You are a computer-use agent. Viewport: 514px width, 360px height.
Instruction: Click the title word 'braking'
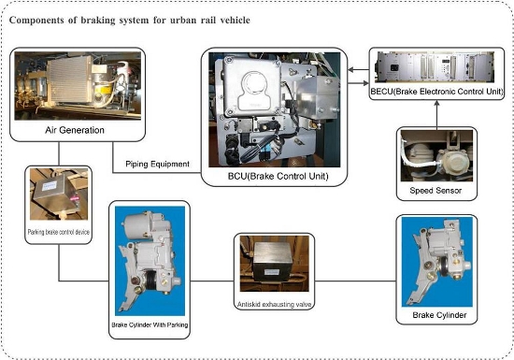pos(98,21)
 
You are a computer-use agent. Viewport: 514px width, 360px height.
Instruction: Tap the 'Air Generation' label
pos(75,130)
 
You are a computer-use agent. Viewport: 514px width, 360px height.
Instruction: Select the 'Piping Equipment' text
pos(157,164)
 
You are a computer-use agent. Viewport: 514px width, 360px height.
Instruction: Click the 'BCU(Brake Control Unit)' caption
pos(278,176)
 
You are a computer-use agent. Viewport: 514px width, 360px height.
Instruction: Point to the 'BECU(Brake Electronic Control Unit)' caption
pos(436,92)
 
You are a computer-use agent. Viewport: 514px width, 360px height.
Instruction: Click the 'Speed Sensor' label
pos(435,191)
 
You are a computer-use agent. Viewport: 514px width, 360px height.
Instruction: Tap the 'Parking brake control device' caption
pos(58,232)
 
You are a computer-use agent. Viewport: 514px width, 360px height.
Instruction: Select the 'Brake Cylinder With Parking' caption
pos(150,324)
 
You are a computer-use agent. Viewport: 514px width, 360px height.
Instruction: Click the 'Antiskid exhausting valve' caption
pos(274,305)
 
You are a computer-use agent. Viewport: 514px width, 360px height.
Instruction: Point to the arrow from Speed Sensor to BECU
pos(436,114)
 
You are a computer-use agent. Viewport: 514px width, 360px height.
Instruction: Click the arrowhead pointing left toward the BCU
pos(351,69)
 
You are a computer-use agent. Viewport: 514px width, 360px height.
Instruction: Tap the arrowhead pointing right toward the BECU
pos(365,83)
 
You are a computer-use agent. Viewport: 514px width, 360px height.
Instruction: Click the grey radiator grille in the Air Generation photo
pos(69,79)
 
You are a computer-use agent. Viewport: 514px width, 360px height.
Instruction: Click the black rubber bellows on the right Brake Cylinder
pos(445,266)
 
